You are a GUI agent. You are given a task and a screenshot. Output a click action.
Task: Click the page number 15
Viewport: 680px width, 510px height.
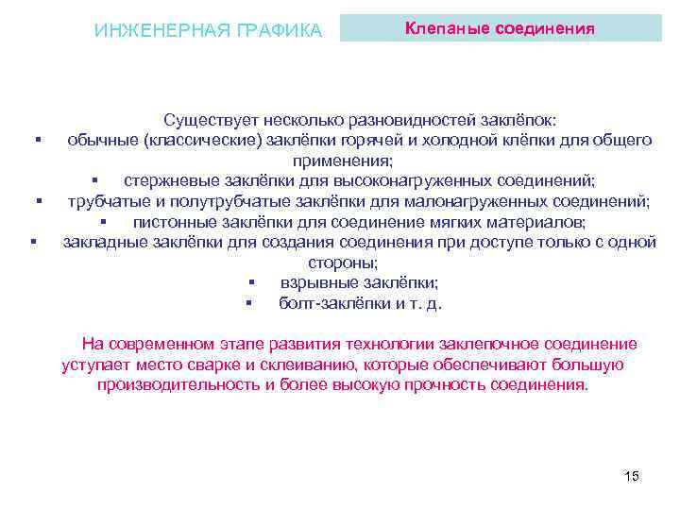tap(632, 475)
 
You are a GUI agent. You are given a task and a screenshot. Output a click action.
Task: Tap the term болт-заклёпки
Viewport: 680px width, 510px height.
tap(328, 303)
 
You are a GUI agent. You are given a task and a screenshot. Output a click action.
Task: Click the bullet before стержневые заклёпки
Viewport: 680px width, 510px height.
tap(95, 181)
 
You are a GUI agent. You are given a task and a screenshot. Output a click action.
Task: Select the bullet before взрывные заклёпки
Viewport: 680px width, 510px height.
tap(252, 283)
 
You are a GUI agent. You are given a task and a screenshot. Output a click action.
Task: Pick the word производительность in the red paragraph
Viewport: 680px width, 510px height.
tap(178, 385)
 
